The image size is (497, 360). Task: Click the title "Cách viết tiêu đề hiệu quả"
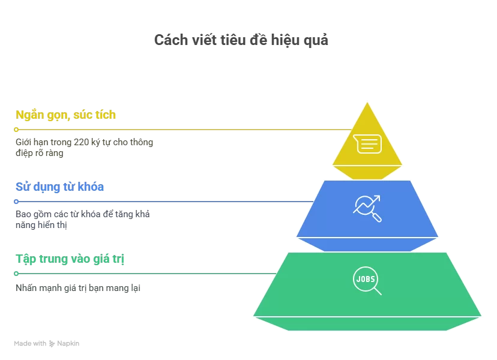tap(241, 40)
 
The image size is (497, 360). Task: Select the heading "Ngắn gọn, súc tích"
tap(65, 115)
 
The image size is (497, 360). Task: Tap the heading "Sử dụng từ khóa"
tap(59, 187)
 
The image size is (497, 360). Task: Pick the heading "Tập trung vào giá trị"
tap(70, 259)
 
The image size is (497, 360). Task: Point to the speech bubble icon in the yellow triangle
tap(367, 144)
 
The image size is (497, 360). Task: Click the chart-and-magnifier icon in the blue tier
tap(367, 208)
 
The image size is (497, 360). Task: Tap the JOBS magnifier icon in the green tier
tap(367, 281)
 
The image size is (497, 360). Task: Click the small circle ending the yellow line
tap(16, 130)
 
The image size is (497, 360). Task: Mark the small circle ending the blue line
tap(16, 202)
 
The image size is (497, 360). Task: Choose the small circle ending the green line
tap(16, 274)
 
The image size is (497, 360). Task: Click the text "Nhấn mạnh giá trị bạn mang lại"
tap(77, 288)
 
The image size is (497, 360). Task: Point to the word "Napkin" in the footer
tap(68, 344)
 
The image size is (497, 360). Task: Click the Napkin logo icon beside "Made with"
tap(52, 344)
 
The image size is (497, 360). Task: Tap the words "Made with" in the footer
tap(30, 344)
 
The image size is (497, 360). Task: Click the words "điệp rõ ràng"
tap(39, 153)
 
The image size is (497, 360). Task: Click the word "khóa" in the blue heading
tap(90, 187)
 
